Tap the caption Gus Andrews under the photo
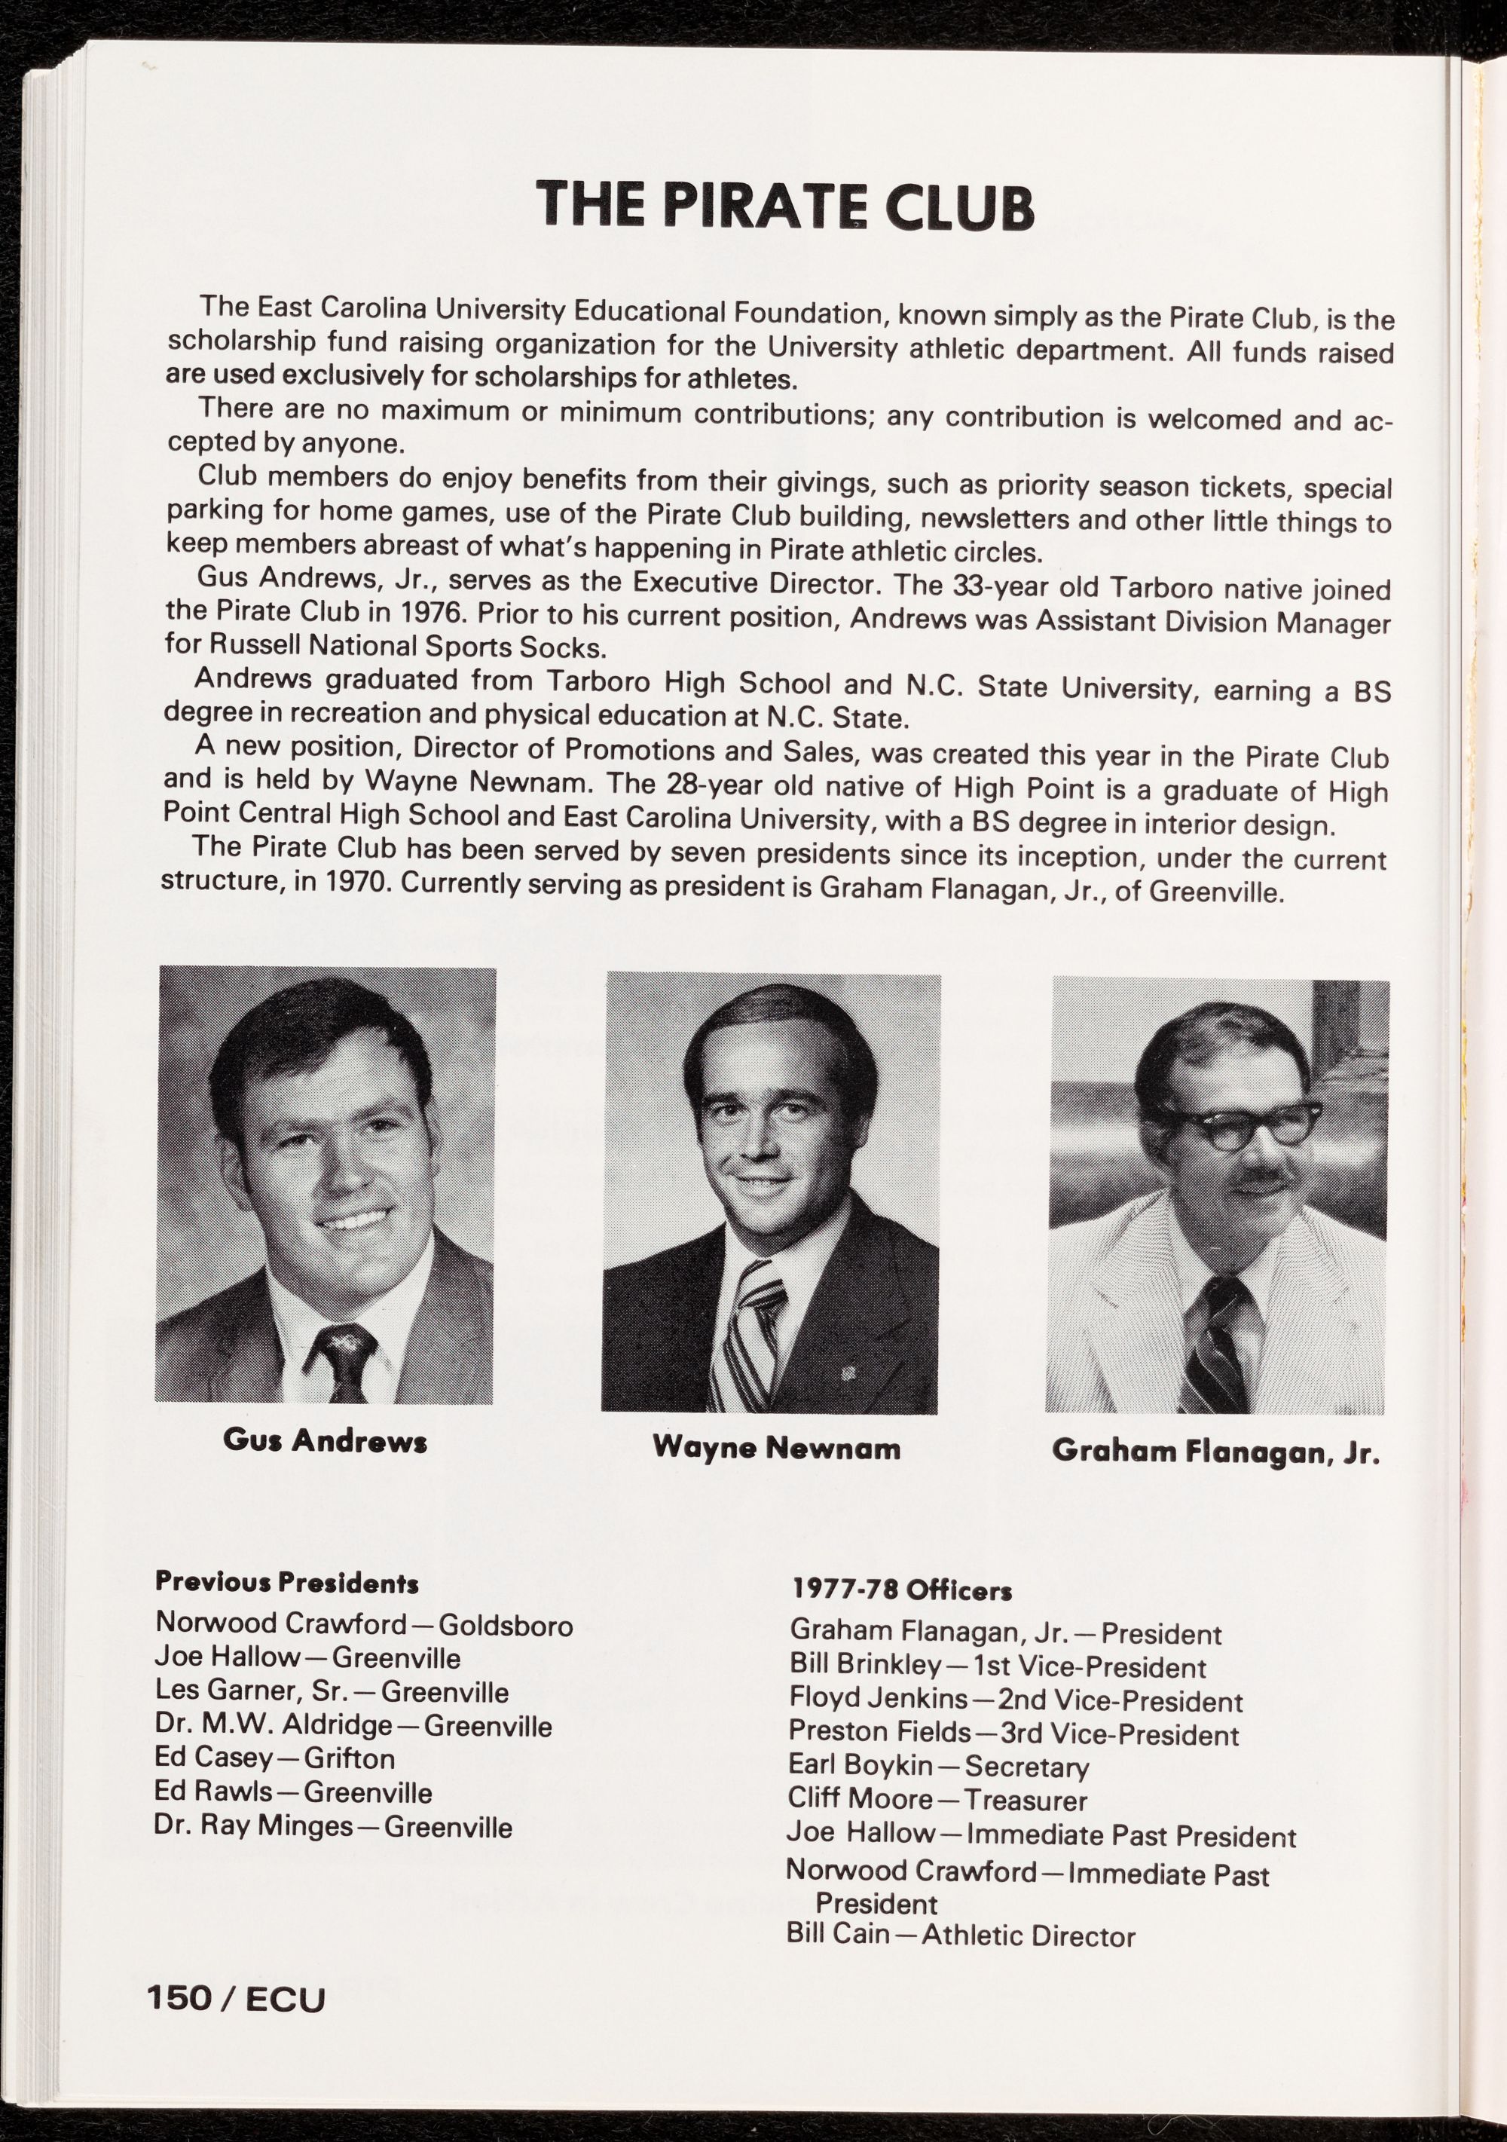coord(325,1467)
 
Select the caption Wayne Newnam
coord(776,1474)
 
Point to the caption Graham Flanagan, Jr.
coord(1215,1479)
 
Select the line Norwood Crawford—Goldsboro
coord(364,1624)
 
